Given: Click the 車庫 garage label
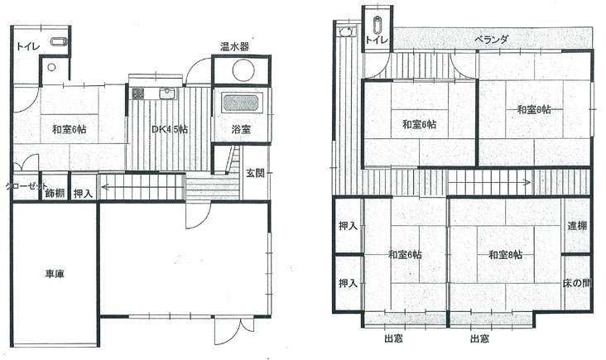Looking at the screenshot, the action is pyautogui.click(x=55, y=274).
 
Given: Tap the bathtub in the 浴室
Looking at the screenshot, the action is pyautogui.click(x=242, y=103).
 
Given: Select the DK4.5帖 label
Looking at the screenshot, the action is pyautogui.click(x=169, y=129).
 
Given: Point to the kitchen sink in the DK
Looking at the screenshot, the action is pyautogui.click(x=167, y=94).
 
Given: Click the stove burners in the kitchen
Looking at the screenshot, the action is pyautogui.click(x=138, y=93).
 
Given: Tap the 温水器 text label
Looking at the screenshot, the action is pyautogui.click(x=234, y=46).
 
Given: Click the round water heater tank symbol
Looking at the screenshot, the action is pyautogui.click(x=243, y=70).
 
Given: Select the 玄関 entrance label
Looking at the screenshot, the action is pyautogui.click(x=256, y=173).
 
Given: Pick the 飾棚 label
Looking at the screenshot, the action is pyautogui.click(x=55, y=193).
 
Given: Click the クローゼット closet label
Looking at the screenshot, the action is pyautogui.click(x=26, y=186).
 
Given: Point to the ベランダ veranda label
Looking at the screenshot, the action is pyautogui.click(x=492, y=40).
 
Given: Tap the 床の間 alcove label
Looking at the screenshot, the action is pyautogui.click(x=577, y=283).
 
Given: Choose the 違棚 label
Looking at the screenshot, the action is pyautogui.click(x=577, y=226).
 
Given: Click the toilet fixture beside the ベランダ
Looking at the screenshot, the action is pyautogui.click(x=378, y=25).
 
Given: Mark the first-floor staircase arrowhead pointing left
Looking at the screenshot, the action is pyautogui.click(x=104, y=188).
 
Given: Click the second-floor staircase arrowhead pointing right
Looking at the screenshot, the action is pyautogui.click(x=527, y=182).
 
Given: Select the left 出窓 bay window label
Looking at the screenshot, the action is pyautogui.click(x=394, y=338).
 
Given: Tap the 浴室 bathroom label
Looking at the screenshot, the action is pyautogui.click(x=242, y=129).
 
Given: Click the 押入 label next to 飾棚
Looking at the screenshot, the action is pyautogui.click(x=83, y=193).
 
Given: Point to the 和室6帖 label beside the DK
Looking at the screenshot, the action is pyautogui.click(x=70, y=129).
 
